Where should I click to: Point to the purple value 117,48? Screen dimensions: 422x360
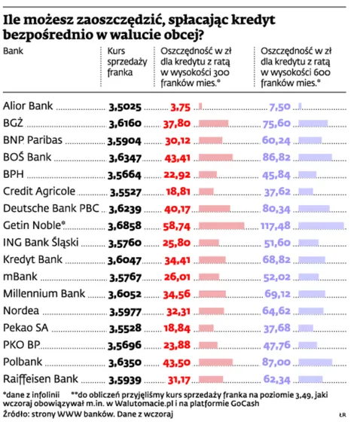(x=274, y=225)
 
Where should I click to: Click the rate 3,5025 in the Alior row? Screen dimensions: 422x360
(x=124, y=107)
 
